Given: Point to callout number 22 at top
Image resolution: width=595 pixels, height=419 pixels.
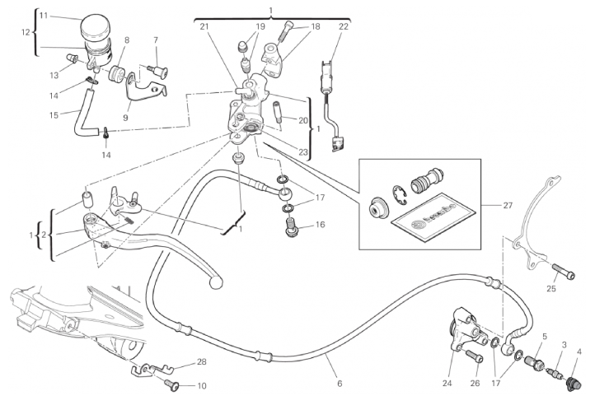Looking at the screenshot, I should (x=344, y=27).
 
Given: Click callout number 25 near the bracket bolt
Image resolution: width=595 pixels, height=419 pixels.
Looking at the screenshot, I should (x=551, y=288).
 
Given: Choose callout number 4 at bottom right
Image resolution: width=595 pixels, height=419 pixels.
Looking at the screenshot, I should (x=579, y=352).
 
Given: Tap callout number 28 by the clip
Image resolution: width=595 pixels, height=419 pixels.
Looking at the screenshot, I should (x=203, y=362).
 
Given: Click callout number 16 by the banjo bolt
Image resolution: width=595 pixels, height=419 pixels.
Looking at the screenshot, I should (x=321, y=224).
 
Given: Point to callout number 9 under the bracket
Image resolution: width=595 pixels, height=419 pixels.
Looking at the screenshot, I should (x=126, y=117).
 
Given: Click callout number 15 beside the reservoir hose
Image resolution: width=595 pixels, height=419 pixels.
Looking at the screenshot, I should (x=53, y=114).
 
